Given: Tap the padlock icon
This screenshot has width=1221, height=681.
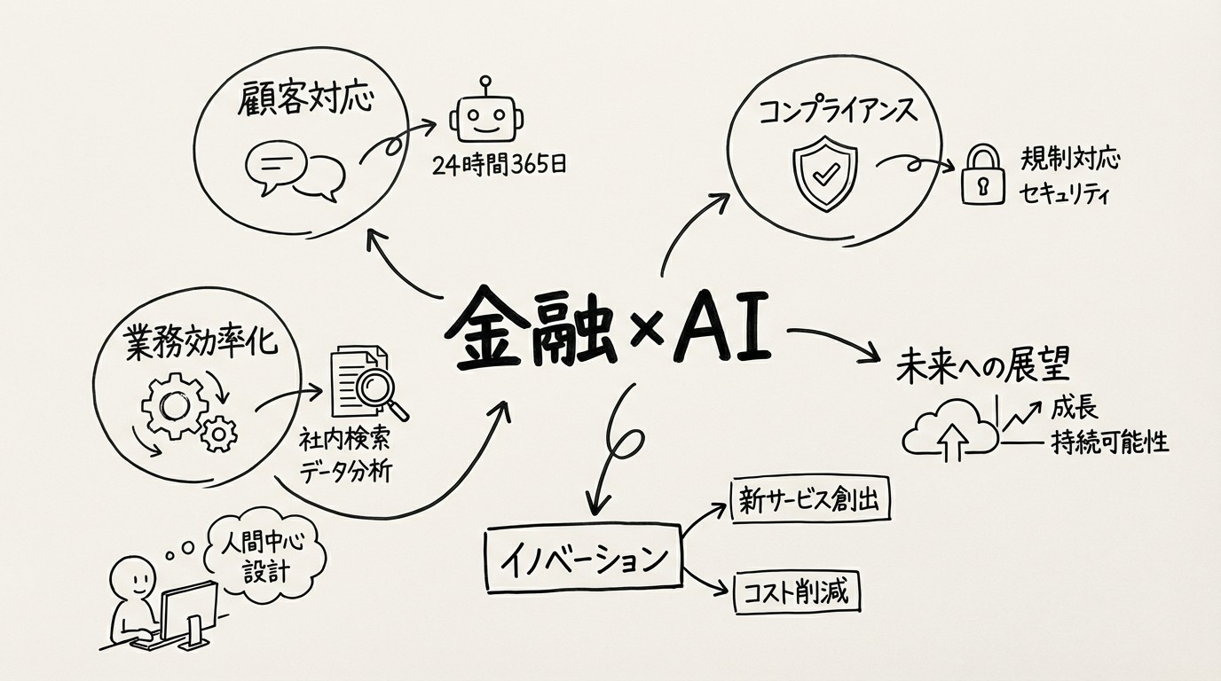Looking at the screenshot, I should [982, 177].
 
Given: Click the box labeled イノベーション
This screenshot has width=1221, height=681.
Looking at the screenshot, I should [583, 560].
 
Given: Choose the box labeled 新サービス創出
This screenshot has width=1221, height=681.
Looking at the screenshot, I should [808, 502].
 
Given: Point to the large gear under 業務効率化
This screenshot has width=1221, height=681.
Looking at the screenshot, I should [173, 405].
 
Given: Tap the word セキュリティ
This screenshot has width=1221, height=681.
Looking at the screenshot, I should [1066, 194].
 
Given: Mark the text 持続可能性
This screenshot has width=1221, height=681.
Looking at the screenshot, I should [1109, 441].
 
